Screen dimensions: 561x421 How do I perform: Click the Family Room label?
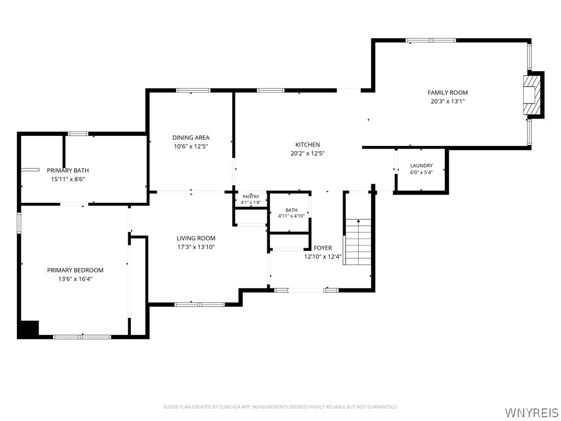pyautogui.click(x=448, y=92)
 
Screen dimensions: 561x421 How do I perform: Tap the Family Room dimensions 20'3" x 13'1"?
pyautogui.click(x=448, y=101)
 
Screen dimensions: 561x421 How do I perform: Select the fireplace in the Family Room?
pyautogui.click(x=534, y=95)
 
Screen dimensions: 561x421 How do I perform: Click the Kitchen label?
pyautogui.click(x=307, y=145)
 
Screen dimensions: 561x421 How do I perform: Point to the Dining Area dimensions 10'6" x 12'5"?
pyautogui.click(x=191, y=146)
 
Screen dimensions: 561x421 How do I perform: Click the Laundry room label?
pyautogui.click(x=421, y=166)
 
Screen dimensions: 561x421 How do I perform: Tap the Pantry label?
pyautogui.click(x=251, y=197)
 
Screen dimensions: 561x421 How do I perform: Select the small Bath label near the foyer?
pyautogui.click(x=291, y=210)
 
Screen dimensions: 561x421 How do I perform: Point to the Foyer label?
pyautogui.click(x=323, y=248)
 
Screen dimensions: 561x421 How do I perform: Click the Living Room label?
pyautogui.click(x=196, y=238)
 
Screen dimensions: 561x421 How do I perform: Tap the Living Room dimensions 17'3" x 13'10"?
pyautogui.click(x=196, y=247)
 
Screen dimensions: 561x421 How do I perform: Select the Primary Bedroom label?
pyautogui.click(x=75, y=270)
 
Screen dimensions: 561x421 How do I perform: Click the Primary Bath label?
pyautogui.click(x=67, y=170)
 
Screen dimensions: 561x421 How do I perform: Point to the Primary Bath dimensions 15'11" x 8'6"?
pyautogui.click(x=67, y=179)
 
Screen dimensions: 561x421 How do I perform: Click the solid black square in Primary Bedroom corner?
pyautogui.click(x=28, y=329)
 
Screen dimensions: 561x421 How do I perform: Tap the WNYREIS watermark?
pyautogui.click(x=531, y=412)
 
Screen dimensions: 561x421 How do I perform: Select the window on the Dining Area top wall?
pyautogui.click(x=193, y=90)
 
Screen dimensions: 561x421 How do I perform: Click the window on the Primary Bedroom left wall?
pyautogui.click(x=19, y=223)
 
